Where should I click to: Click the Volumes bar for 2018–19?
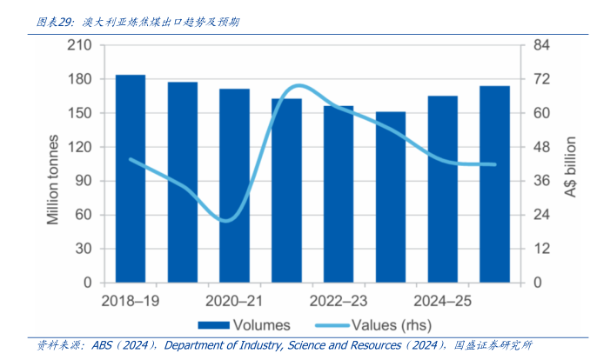click(x=131, y=178)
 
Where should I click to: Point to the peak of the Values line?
click(x=298, y=85)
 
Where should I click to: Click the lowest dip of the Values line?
click(x=225, y=221)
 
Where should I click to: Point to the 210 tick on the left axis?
click(x=80, y=45)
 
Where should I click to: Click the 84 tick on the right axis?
click(x=541, y=45)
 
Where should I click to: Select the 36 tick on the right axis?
click(x=541, y=181)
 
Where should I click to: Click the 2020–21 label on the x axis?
click(x=234, y=301)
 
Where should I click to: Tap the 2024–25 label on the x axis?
click(x=443, y=301)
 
